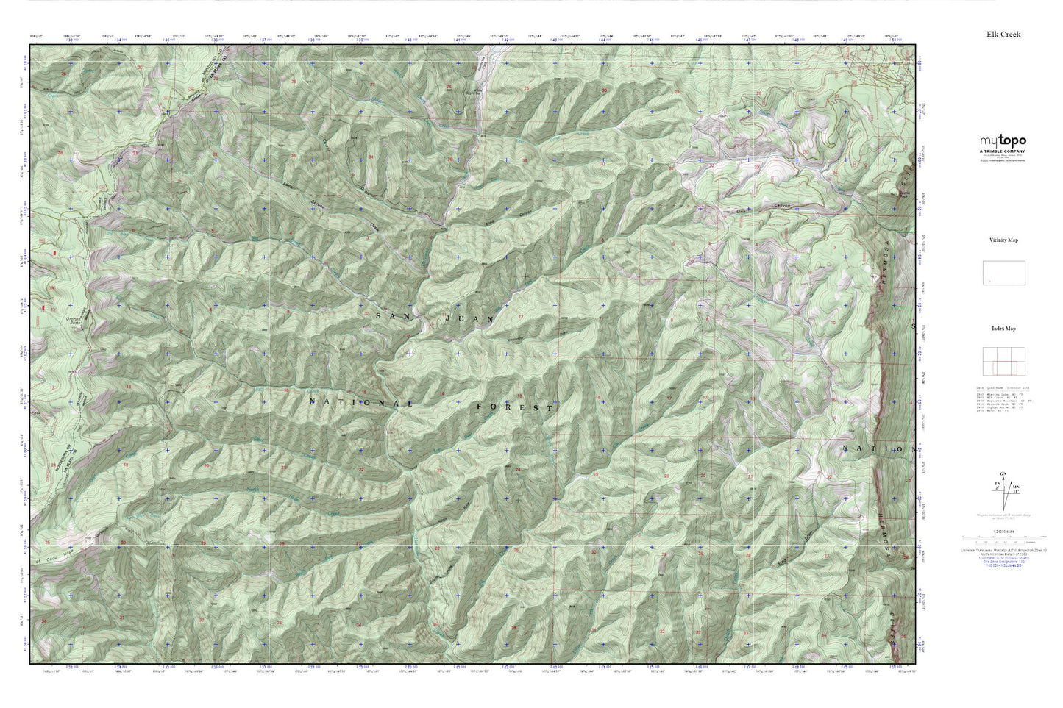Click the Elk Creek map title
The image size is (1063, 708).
click(x=1003, y=35)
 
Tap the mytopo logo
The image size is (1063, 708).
click(x=1003, y=140)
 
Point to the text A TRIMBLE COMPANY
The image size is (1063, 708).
click(x=1003, y=151)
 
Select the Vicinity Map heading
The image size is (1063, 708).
click(x=1003, y=240)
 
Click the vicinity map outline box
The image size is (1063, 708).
click(x=1003, y=273)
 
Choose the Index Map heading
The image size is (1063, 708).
click(x=1003, y=329)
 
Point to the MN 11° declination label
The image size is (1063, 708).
click(x=1016, y=488)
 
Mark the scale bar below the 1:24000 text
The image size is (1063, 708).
click(x=1003, y=537)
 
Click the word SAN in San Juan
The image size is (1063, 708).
click(x=389, y=315)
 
